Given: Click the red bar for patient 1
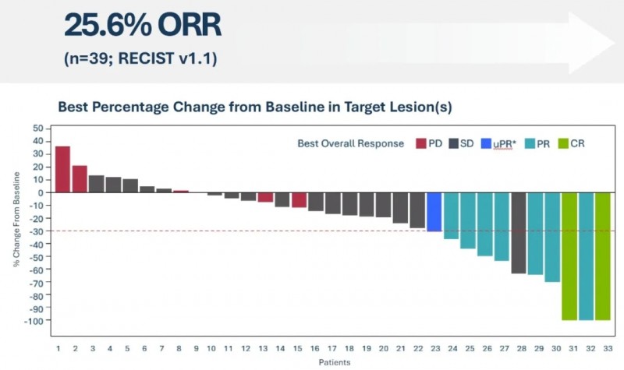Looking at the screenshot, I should [62, 169].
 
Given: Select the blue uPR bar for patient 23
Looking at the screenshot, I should [434, 212].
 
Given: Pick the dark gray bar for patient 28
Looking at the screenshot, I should [519, 233].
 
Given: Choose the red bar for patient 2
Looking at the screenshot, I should [80, 179].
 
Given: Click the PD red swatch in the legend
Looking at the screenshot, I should [422, 143].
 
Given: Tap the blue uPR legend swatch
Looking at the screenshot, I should [486, 143].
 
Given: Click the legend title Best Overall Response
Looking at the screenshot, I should [350, 143].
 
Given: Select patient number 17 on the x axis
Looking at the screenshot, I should [332, 348].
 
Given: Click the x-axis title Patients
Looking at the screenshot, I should [333, 362].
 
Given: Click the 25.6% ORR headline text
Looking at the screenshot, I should [143, 26].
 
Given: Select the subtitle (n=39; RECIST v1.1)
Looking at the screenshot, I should [140, 58].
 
